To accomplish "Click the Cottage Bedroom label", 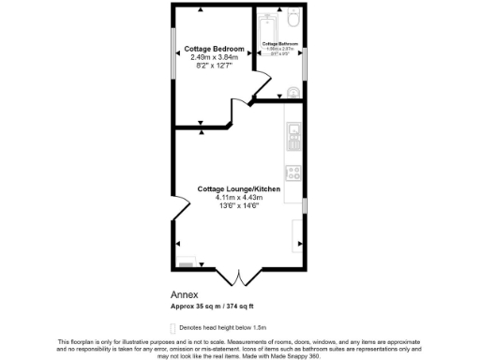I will [x=215, y=49].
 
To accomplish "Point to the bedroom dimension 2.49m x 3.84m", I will [x=215, y=57].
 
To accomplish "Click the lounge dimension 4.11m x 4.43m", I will [x=239, y=198].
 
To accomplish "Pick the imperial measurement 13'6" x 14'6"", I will [x=239, y=206].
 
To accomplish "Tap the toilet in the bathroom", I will [x=292, y=19].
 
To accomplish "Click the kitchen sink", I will [x=293, y=132].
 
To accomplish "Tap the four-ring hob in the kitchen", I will [x=292, y=172].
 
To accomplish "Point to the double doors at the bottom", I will [x=240, y=277].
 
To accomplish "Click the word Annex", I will [x=182, y=294].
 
